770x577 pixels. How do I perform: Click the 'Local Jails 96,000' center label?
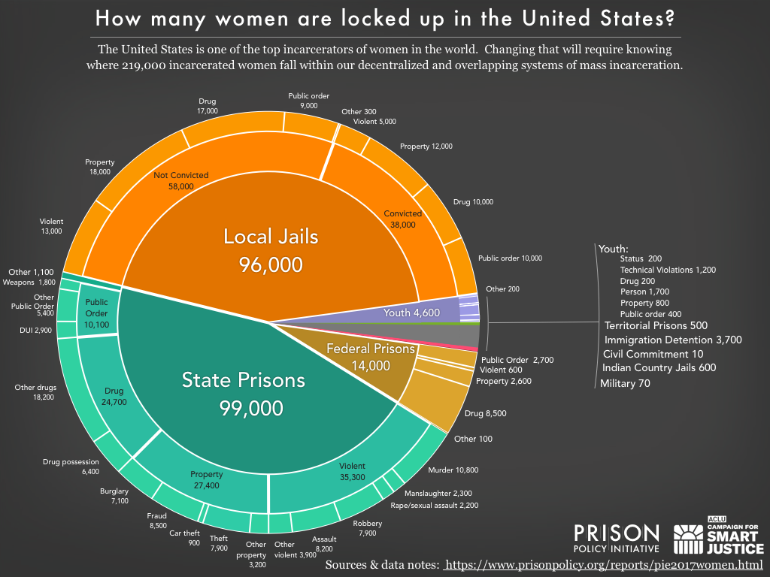(271, 250)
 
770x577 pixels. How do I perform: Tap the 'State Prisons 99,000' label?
(244, 393)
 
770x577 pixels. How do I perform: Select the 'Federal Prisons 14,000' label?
(370, 357)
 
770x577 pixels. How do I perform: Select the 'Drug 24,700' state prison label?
(115, 396)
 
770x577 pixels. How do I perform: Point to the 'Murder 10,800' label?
(453, 470)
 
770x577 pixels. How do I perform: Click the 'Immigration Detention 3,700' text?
(673, 340)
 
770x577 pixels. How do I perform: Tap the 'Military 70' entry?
(625, 383)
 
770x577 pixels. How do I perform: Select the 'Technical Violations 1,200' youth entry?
(668, 270)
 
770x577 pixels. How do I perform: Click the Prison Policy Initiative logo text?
(616, 539)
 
